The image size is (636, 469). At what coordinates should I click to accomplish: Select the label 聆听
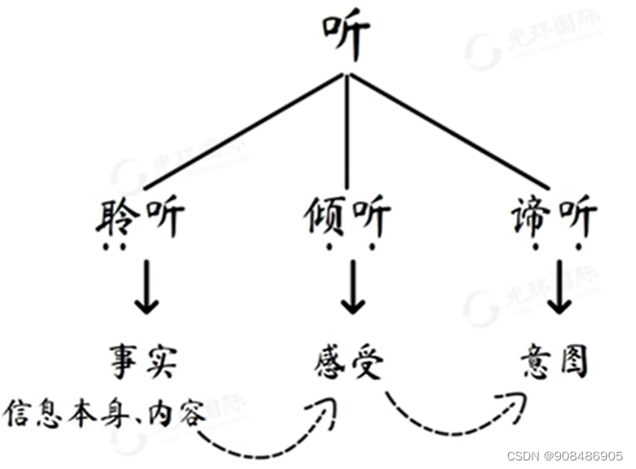142,220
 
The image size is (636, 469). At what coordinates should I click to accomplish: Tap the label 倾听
347,220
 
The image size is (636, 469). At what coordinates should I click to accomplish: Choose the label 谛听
555,220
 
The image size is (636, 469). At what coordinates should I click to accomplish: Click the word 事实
143,361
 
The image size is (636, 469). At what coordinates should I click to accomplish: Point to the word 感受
347,361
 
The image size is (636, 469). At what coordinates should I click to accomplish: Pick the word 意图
556,361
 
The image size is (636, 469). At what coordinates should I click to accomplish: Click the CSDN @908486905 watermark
564,455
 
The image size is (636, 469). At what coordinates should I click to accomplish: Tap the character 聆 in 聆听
120,220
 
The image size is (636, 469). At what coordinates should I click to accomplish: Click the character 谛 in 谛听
533,220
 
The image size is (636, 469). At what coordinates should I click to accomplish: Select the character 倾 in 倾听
324,220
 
